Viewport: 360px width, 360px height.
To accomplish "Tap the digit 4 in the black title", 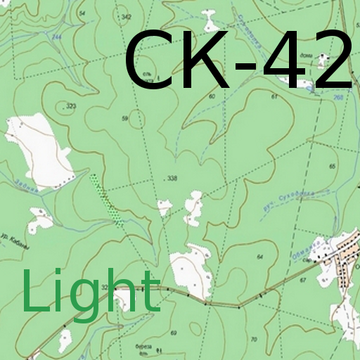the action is click(x=288, y=61).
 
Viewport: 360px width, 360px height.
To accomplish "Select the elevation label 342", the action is click(x=126, y=16).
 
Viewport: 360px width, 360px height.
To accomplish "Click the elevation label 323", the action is click(x=70, y=106).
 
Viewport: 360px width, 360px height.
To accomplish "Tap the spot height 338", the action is click(x=172, y=179).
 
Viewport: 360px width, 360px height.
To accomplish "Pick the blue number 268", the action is click(x=337, y=98).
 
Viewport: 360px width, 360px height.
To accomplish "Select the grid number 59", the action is click(x=124, y=119).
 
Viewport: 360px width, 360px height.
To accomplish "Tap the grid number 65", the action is click(x=333, y=166).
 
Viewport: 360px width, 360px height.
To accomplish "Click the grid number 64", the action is click(x=259, y=257).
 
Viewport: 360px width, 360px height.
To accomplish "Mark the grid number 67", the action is click(x=304, y=280).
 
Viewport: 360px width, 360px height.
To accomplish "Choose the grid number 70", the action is click(x=254, y=340).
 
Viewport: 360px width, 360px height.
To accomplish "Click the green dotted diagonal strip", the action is click(x=105, y=196).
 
